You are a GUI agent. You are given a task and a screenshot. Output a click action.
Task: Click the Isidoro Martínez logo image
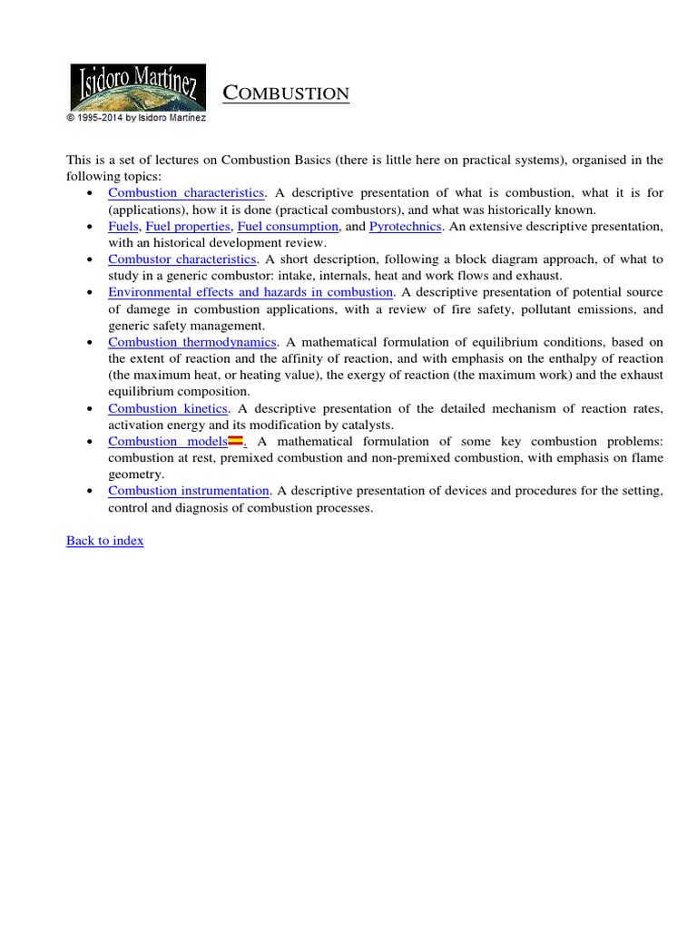(x=138, y=88)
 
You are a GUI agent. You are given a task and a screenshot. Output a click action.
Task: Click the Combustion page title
(x=286, y=93)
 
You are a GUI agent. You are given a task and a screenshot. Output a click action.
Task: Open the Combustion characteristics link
(x=186, y=193)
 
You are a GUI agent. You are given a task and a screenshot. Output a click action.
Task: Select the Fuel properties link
(x=195, y=226)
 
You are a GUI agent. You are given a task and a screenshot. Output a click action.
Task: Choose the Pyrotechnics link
(x=405, y=226)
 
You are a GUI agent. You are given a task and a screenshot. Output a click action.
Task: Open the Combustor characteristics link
(x=182, y=259)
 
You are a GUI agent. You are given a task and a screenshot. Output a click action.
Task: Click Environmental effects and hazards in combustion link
(x=250, y=292)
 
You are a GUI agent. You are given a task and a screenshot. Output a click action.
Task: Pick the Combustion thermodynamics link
(x=191, y=342)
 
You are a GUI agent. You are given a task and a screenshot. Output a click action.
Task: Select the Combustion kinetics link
(x=167, y=408)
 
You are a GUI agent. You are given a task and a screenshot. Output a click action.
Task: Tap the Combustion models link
(x=167, y=442)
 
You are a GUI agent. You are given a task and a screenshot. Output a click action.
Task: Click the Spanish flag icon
(x=234, y=442)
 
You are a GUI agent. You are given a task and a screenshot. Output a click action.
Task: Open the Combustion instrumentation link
(x=189, y=491)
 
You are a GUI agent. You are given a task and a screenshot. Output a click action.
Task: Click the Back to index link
(x=104, y=541)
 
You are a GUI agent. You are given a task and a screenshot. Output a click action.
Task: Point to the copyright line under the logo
(x=136, y=118)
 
